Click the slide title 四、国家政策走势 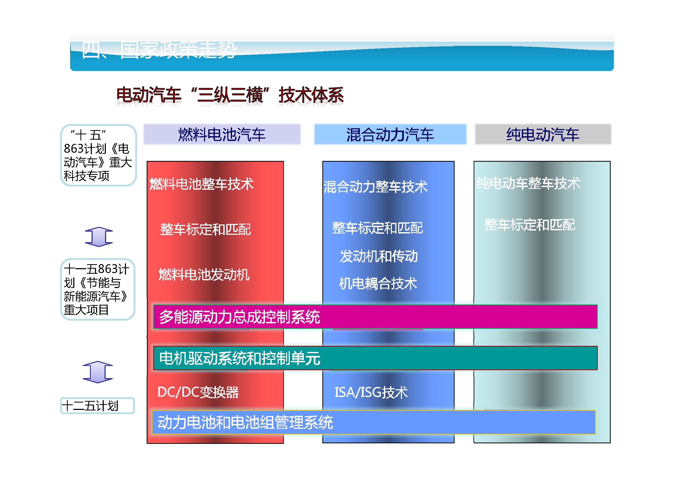tap(159, 50)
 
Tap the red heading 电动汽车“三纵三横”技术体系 tap(230, 95)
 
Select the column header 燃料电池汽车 tap(222, 135)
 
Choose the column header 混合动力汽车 tap(390, 135)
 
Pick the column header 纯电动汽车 tap(542, 135)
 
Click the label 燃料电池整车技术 tap(202, 184)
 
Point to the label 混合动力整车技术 tap(375, 187)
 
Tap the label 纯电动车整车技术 tap(528, 183)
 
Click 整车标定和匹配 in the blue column tap(377, 228)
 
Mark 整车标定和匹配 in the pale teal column tap(529, 225)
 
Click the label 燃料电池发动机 tap(204, 275)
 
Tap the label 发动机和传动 tap(379, 256)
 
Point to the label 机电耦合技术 tap(378, 283)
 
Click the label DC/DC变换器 tap(198, 392)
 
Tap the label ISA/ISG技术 tap(371, 392)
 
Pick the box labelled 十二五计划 tap(97, 406)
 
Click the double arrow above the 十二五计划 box tap(98, 372)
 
